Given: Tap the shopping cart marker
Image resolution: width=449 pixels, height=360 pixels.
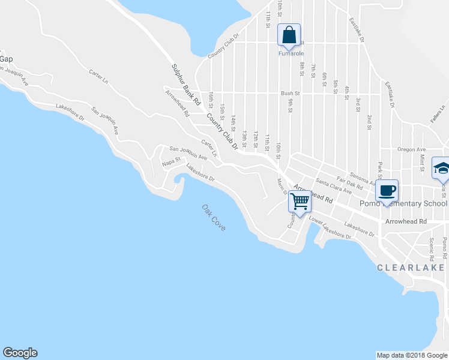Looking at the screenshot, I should [299, 201].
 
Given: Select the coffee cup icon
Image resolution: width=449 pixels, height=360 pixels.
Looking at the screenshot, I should [387, 190].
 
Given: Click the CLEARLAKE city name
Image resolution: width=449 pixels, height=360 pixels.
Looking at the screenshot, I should [413, 268].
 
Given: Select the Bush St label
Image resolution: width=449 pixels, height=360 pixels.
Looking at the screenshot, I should [290, 94].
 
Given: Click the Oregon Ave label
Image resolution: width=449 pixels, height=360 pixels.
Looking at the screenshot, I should [411, 149].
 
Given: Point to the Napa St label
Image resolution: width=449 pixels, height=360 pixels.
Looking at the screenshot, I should [172, 161].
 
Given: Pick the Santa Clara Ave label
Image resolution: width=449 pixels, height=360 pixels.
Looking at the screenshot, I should [333, 186].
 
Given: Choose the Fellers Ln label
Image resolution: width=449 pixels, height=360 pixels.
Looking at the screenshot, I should [437, 115].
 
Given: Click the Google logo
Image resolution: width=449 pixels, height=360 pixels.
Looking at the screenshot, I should [20, 353].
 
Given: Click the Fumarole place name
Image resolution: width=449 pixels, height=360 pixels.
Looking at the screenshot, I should [289, 53].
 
